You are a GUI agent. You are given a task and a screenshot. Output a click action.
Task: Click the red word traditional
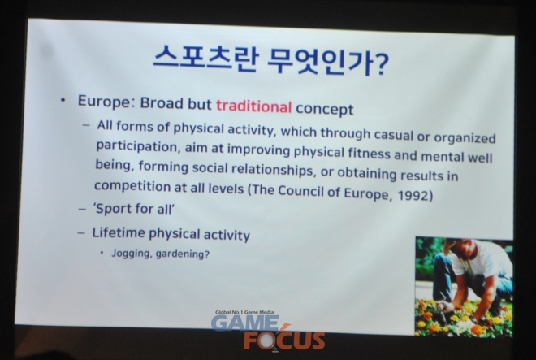(253, 106)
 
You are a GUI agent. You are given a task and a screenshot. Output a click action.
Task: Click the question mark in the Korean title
(379, 64)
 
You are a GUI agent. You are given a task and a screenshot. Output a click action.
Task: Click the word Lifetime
(119, 232)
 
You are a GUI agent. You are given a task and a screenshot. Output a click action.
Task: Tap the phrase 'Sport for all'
(134, 208)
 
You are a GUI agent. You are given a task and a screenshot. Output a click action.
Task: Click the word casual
(394, 134)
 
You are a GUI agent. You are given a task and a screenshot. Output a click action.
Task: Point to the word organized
(465, 137)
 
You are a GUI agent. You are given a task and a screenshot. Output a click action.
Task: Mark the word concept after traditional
(324, 109)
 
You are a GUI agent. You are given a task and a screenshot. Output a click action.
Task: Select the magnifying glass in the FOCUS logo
(267, 340)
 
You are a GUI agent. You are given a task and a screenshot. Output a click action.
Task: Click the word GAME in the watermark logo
(245, 323)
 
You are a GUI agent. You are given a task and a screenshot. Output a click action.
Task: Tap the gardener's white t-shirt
(478, 260)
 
